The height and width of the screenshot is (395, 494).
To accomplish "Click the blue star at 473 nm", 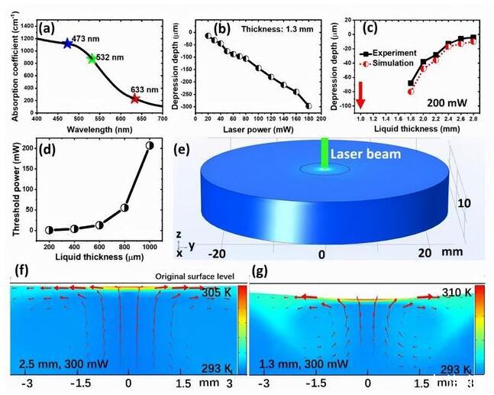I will tap(67, 44).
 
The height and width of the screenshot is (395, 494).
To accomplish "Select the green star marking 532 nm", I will tap(92, 59).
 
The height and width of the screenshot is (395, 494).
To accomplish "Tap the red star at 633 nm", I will tap(134, 98).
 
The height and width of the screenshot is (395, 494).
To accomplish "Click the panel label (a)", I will tap(47, 29).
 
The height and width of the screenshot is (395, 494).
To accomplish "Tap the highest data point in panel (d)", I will tap(150, 145).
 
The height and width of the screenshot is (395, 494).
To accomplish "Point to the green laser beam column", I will tap(324, 153).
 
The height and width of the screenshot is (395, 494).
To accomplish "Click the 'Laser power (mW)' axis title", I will tap(260, 130).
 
